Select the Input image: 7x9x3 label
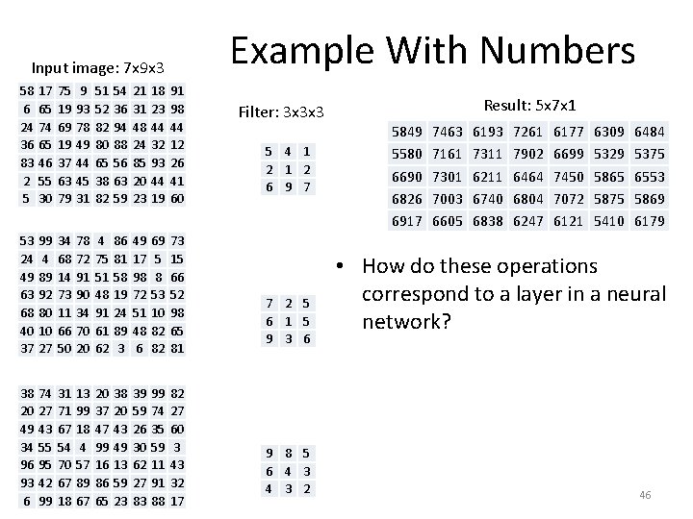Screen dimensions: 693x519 (x=97, y=68)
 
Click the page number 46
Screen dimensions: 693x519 (x=645, y=495)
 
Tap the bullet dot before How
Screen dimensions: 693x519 (x=342, y=265)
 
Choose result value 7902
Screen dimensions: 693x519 (x=527, y=153)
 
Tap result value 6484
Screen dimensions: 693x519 (x=651, y=130)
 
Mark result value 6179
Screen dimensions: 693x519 (x=651, y=222)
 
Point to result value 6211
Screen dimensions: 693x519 (x=487, y=176)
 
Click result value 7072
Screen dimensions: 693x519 (x=569, y=199)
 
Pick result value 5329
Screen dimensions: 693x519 (x=609, y=153)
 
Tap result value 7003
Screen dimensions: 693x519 (x=447, y=199)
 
